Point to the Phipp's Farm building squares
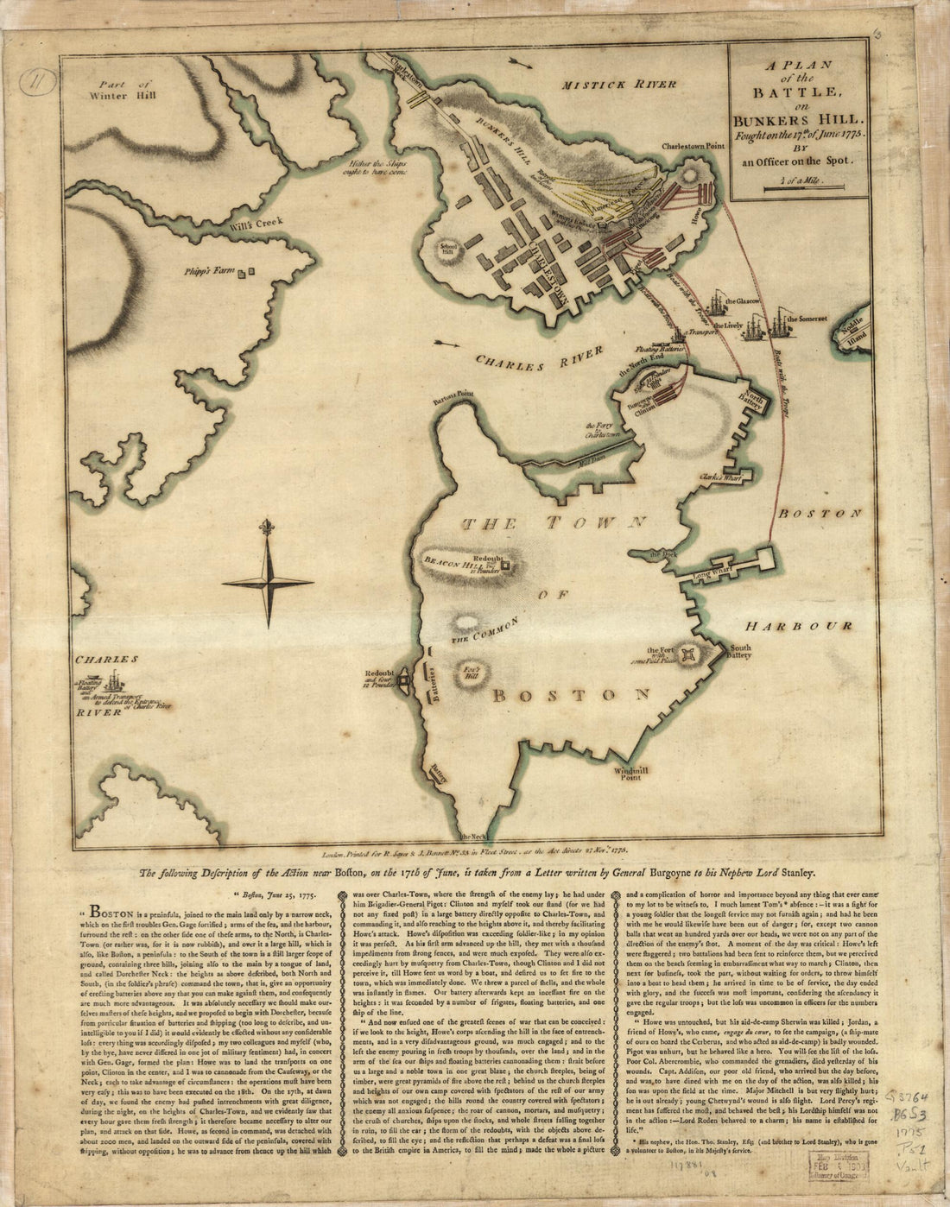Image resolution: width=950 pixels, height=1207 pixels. (249, 272)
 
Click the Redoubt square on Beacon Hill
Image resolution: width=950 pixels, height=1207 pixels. (506, 566)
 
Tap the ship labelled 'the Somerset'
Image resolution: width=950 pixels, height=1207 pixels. (781, 325)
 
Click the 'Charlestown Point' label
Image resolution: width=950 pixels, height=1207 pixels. (691, 147)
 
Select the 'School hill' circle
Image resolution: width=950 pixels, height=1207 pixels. (448, 245)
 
